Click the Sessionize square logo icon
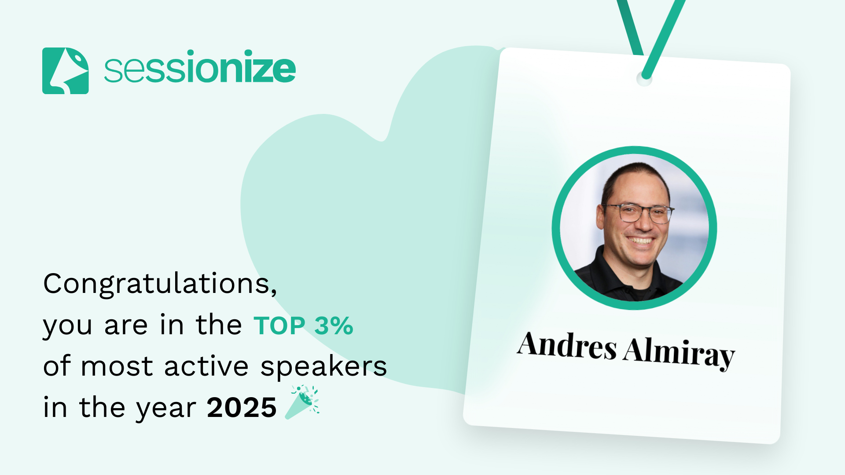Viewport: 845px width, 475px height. [65, 71]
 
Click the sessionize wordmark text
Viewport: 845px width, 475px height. [200, 67]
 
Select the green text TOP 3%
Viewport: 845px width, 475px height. [303, 326]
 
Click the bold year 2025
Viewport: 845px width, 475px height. [242, 408]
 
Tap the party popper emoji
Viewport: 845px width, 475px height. [302, 402]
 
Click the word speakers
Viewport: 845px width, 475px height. [323, 367]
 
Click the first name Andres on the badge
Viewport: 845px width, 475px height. [567, 345]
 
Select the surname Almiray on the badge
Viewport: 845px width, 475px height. [679, 353]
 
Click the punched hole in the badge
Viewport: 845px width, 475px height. [644, 79]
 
